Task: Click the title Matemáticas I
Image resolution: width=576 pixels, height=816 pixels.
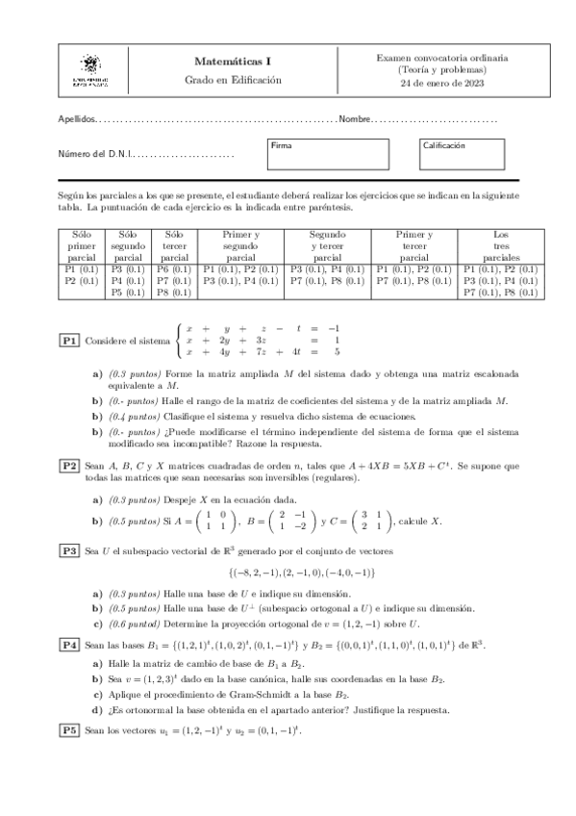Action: [x=233, y=61]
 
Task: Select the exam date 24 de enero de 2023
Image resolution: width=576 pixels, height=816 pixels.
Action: [x=442, y=84]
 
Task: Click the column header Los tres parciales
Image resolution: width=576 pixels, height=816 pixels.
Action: [x=500, y=245]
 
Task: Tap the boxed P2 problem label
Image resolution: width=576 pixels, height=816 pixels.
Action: [x=69, y=466]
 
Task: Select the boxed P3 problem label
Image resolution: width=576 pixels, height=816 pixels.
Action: [x=69, y=550]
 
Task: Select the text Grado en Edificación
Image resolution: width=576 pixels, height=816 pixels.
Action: [x=233, y=81]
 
